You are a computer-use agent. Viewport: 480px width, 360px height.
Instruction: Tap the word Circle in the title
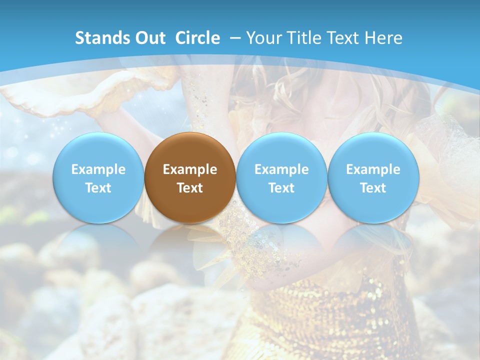click(197, 38)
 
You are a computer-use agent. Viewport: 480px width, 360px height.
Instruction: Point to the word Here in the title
click(384, 38)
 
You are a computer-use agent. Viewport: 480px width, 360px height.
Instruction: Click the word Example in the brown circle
click(190, 169)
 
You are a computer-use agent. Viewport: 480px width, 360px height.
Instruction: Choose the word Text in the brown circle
click(190, 188)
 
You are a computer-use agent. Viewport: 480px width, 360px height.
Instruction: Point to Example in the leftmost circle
click(98, 169)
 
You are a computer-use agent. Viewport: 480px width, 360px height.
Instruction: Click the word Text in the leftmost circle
click(98, 188)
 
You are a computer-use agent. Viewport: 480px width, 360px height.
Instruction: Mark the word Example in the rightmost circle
click(373, 169)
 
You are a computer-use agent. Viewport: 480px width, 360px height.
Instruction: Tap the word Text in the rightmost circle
click(373, 188)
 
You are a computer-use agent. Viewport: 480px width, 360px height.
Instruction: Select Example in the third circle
click(281, 169)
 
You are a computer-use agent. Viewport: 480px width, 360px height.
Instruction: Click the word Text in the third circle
click(281, 188)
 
